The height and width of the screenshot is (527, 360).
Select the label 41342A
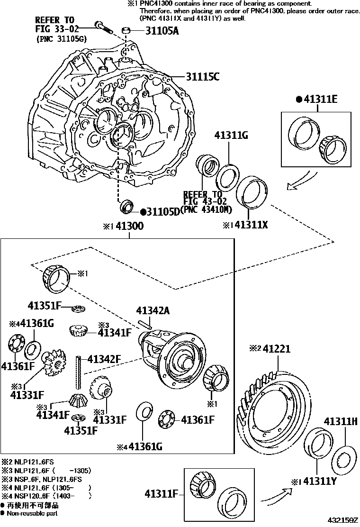click(x=153, y=311)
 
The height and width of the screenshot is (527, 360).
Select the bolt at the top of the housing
click(x=103, y=27)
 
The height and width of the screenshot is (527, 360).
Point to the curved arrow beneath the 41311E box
click(x=301, y=180)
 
